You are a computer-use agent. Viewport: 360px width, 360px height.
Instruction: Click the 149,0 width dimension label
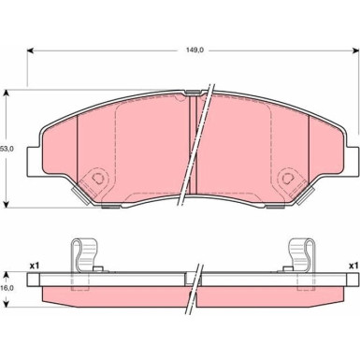[x=194, y=50]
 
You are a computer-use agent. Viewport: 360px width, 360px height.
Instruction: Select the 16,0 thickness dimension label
[x=7, y=288]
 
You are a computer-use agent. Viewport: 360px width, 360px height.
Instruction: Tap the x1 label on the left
[x=34, y=266]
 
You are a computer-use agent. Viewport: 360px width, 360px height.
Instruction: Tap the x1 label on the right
[x=353, y=266]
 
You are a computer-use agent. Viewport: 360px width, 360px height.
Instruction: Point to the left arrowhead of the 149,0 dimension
[x=30, y=50]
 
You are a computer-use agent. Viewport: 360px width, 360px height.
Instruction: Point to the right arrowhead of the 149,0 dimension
[x=355, y=50]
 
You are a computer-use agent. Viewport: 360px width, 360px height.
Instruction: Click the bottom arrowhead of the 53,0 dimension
[x=6, y=204]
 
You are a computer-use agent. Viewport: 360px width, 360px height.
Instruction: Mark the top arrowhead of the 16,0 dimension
[x=6, y=275]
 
